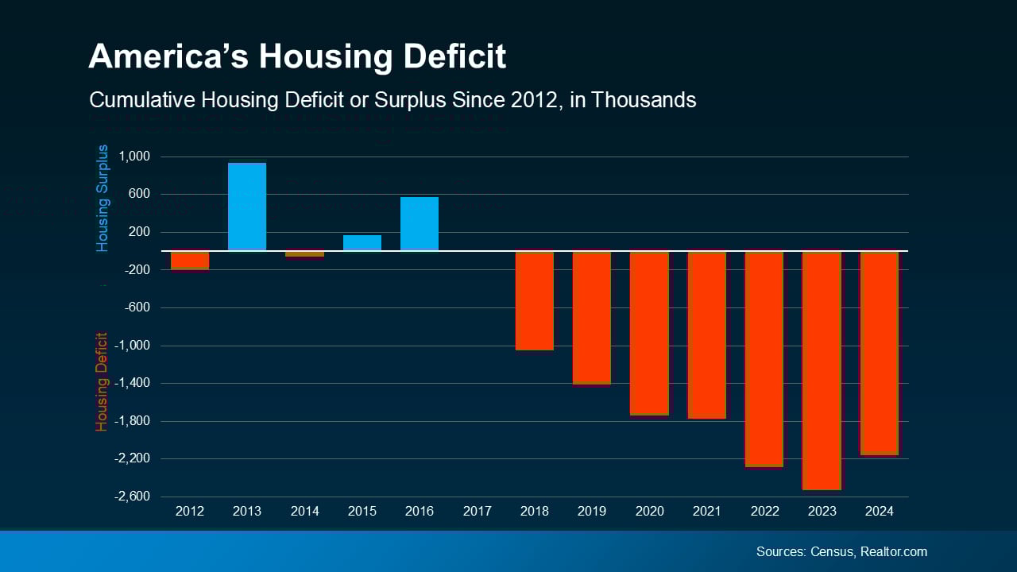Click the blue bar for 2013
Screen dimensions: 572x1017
247,207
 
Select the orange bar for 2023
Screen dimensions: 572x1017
822,370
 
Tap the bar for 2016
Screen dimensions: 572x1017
420,224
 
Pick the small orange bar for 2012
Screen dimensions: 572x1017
190,261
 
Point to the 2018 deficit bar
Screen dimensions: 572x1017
535,300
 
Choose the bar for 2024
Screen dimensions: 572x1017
880,353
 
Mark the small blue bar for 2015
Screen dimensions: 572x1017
362,243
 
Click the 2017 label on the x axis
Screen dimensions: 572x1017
477,511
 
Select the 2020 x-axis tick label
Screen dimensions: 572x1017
649,511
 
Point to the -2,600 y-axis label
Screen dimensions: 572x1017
132,497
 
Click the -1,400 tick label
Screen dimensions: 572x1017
132,383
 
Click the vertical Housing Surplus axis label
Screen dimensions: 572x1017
102,199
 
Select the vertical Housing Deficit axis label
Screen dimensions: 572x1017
102,381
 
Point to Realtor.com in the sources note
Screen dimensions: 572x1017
894,551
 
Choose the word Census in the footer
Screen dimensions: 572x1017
833,551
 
